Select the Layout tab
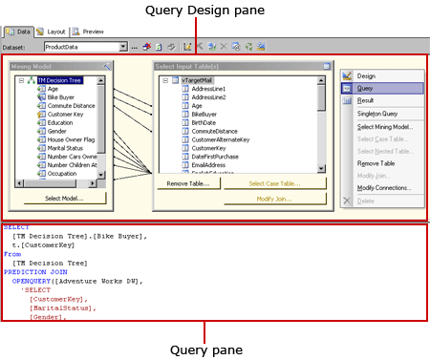pos(52,32)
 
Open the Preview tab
pos(89,32)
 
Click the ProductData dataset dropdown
pos(85,46)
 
